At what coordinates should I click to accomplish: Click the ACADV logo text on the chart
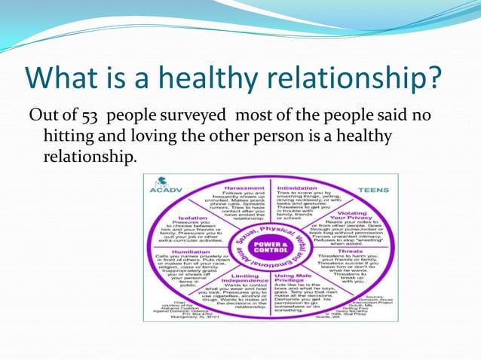[161, 191]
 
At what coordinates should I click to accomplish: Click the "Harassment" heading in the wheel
[244, 188]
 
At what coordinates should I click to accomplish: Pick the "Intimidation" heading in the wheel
[298, 188]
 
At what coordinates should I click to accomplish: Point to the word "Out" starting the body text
[41, 115]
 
